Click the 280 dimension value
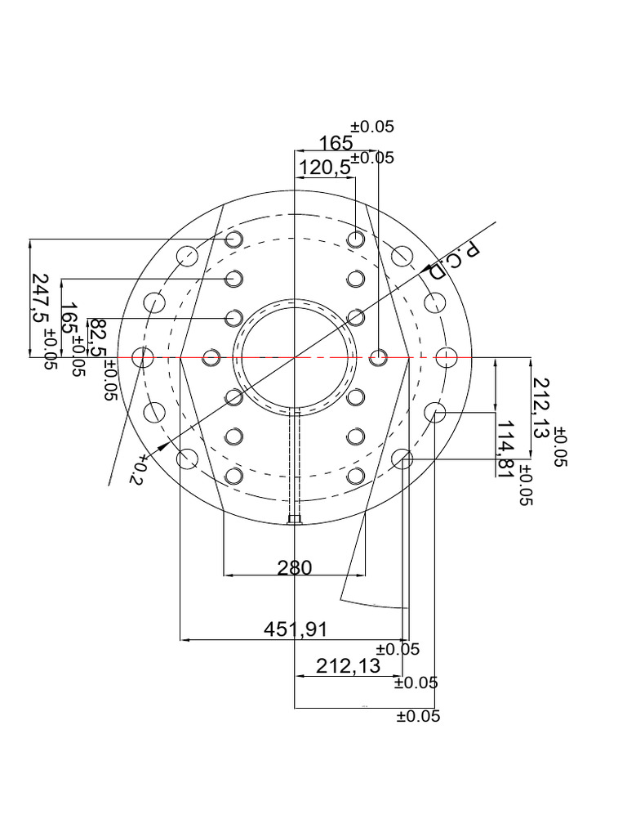click(295, 567)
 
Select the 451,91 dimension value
click(295, 629)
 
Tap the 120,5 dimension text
click(324, 168)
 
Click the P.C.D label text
click(454, 261)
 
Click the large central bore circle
click(295, 357)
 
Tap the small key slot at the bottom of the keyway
click(296, 518)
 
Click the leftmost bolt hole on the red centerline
click(144, 357)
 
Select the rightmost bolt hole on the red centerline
click(446, 357)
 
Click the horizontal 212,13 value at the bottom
click(348, 666)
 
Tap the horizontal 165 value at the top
click(336, 144)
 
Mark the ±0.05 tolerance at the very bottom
click(418, 717)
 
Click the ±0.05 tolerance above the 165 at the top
click(372, 127)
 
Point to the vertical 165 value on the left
click(70, 319)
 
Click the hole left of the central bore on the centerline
click(211, 357)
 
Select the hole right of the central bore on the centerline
click(378, 357)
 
